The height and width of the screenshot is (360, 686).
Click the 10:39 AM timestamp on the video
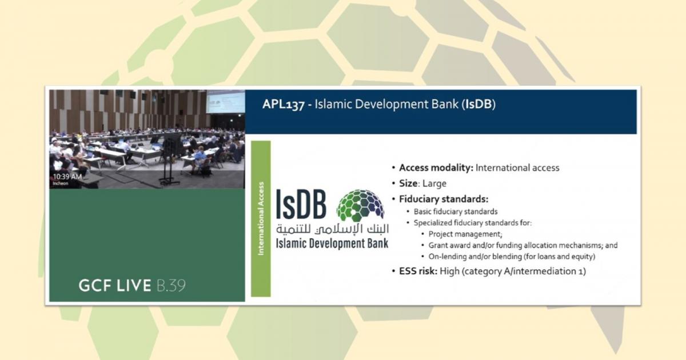(67, 177)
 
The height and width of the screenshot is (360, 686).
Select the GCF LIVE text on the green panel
(115, 285)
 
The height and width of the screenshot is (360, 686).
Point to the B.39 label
(171, 285)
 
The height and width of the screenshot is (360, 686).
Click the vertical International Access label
(261, 218)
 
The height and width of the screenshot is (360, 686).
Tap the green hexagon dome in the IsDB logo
(360, 205)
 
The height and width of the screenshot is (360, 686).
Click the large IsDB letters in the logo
(301, 205)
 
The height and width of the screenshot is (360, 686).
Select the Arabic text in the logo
(332, 229)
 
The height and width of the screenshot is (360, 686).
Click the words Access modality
(436, 168)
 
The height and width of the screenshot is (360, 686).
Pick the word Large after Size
(434, 183)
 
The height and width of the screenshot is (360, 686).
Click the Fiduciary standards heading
(444, 199)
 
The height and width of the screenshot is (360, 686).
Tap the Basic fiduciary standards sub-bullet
(456, 211)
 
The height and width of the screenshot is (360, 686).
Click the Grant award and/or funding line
(523, 245)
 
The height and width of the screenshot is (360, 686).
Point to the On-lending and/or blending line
(512, 257)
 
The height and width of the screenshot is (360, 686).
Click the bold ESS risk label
(418, 271)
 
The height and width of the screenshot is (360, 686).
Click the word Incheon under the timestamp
(61, 183)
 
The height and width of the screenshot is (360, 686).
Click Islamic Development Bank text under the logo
(332, 243)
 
